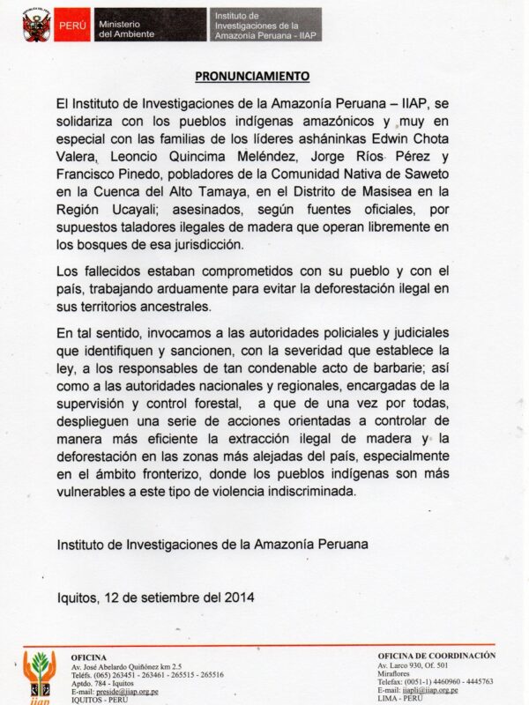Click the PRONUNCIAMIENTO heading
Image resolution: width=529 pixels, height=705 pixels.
252,76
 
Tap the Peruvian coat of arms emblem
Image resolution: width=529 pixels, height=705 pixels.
36,26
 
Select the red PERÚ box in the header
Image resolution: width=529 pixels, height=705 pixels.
72,26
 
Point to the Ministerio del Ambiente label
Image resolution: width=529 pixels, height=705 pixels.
126,26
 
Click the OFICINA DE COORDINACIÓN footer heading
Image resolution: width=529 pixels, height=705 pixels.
436,656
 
